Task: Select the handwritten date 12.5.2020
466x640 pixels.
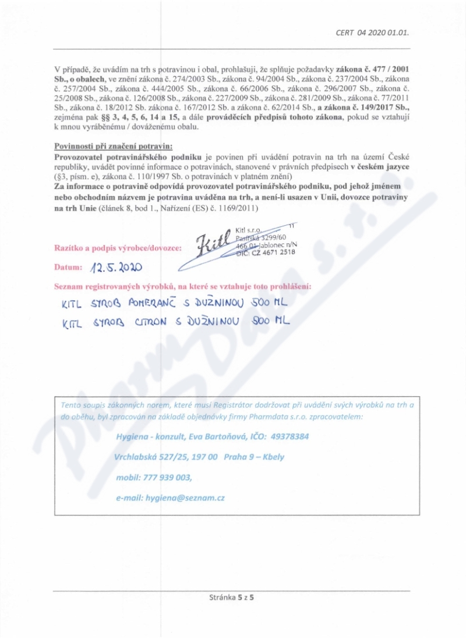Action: pos(116,268)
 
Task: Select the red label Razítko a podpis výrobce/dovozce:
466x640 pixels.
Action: pos(118,247)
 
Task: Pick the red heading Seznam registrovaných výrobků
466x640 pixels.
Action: pos(182,287)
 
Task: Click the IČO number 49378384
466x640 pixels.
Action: pos(290,436)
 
